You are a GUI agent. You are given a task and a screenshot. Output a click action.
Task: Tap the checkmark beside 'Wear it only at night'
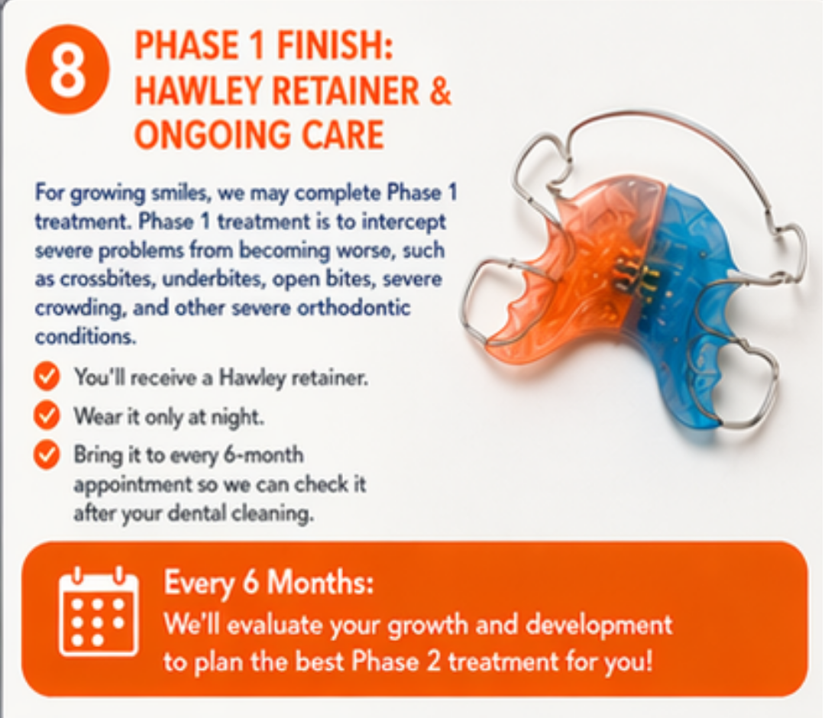pos(47,416)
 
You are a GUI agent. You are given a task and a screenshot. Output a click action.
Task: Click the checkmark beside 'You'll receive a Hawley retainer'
pos(47,377)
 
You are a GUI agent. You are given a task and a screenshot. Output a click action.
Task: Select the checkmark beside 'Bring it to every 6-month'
pos(47,455)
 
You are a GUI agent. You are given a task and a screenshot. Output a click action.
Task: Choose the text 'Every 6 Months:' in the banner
pos(269,584)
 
